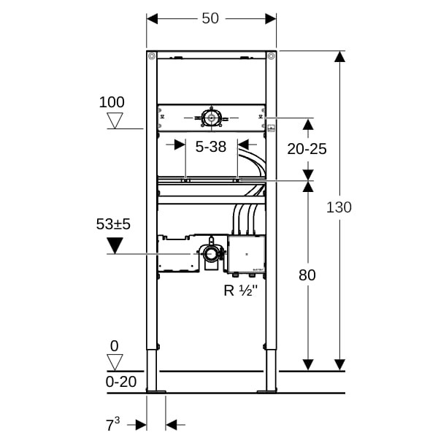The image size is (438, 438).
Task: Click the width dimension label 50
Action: [x=210, y=18]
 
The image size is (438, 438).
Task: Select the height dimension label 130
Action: [x=339, y=207]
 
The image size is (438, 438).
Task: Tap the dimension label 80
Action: [x=307, y=275]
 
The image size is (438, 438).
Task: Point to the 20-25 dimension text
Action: [x=307, y=149]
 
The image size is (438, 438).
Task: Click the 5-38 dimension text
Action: [x=211, y=147]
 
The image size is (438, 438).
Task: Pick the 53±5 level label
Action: [x=113, y=224]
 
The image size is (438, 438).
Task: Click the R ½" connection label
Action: [x=240, y=291]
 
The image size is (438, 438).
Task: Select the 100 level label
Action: [x=112, y=102]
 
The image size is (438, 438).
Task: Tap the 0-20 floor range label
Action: [x=121, y=382]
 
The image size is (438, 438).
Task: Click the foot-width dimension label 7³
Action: [x=112, y=425]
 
